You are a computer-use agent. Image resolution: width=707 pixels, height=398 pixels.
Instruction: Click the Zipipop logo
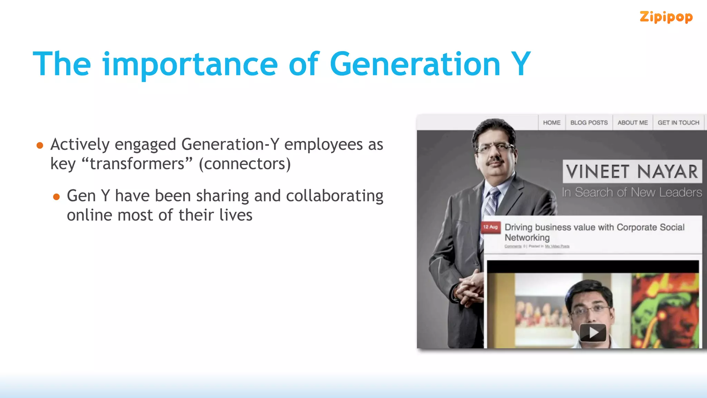666,17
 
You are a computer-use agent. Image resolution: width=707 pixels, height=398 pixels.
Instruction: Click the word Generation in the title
415,64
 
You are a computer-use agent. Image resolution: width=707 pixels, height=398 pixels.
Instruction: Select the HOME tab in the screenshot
552,123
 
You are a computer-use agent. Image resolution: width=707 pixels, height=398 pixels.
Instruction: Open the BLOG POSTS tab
589,123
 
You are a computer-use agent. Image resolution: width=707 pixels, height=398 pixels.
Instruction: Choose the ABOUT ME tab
632,123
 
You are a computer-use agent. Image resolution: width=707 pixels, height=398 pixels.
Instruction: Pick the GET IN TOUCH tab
678,123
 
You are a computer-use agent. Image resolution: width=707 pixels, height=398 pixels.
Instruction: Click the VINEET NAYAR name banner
632,171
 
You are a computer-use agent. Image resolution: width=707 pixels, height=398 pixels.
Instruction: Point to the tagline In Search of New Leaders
632,192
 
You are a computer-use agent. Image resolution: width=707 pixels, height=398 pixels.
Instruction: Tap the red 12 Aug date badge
490,227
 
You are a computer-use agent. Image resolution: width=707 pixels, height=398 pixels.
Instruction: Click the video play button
593,332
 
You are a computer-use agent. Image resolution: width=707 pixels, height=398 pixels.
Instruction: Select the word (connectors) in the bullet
245,164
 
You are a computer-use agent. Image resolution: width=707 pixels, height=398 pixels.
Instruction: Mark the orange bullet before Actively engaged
40,145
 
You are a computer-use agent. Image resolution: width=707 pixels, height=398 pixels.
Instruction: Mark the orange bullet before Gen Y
57,197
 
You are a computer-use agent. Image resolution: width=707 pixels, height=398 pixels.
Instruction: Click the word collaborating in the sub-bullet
335,196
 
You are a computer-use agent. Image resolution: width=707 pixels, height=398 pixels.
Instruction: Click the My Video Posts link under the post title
557,246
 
